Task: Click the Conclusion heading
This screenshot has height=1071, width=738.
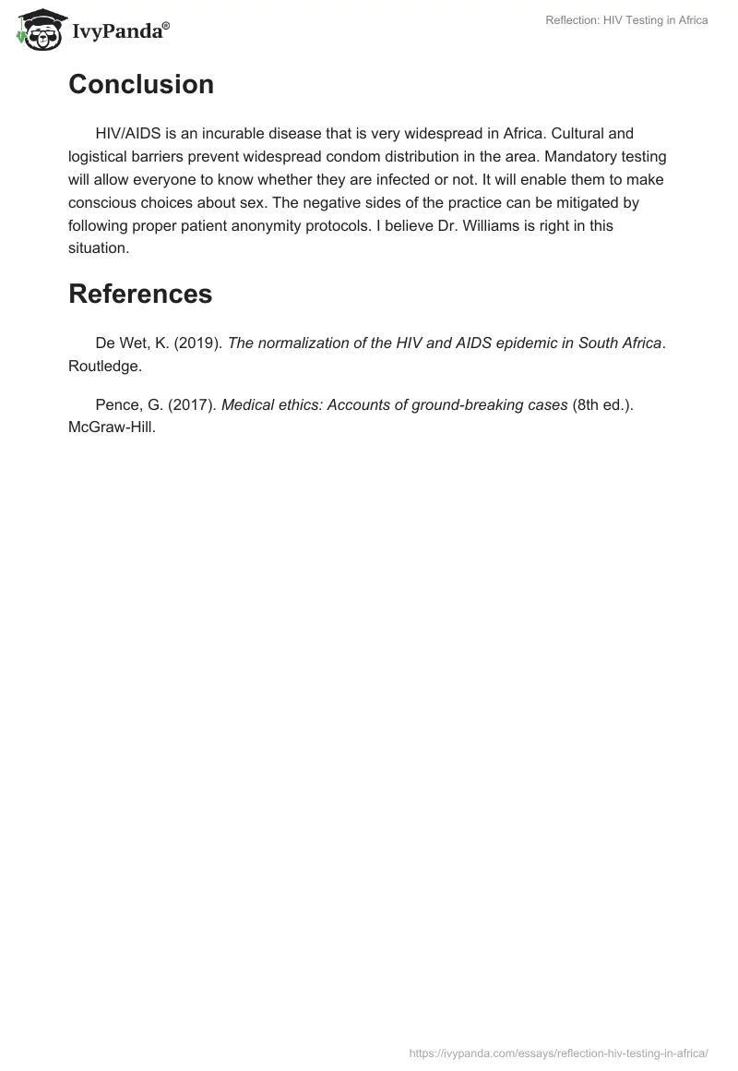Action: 141,84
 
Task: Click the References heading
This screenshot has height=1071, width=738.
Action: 140,294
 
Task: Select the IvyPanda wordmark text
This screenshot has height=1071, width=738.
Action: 120,30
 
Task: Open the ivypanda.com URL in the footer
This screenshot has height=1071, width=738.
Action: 558,1053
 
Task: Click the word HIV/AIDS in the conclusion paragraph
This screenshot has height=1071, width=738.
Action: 129,134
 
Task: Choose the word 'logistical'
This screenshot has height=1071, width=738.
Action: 101,157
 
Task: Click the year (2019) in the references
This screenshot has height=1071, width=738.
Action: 200,343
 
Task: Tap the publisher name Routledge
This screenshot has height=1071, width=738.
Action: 104,366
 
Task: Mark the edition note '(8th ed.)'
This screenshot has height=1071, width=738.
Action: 604,405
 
